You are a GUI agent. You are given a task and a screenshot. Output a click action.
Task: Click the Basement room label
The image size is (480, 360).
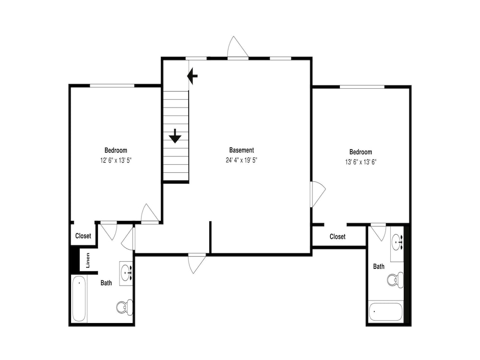tap(241, 150)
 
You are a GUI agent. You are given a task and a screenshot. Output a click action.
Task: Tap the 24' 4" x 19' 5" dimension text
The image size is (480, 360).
tap(241, 160)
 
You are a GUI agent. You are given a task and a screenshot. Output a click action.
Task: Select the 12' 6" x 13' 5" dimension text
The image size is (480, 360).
tap(116, 160)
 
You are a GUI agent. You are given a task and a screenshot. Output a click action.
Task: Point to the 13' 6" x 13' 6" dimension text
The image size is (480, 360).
tap(360, 162)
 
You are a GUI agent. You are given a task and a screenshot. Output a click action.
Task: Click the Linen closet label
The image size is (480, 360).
tap(88, 260)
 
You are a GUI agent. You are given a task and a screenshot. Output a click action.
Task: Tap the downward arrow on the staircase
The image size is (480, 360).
tap(175, 136)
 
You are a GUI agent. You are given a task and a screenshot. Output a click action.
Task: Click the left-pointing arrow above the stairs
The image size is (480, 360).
tap(192, 76)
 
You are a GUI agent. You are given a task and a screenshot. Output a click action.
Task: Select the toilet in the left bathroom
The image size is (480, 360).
tap(125, 307)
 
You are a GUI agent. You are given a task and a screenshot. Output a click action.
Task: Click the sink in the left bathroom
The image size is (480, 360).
tap(126, 271)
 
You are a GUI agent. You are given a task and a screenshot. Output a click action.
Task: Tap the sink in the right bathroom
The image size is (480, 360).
tap(397, 242)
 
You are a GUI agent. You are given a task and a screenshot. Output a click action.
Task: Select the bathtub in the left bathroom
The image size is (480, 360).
tap(79, 299)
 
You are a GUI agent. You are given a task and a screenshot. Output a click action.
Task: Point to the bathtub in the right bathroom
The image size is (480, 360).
tap(385, 312)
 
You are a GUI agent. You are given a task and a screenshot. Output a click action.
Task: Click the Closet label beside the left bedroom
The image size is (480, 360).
tap(83, 236)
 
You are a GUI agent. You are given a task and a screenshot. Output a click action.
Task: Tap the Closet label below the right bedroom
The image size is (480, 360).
tap(337, 237)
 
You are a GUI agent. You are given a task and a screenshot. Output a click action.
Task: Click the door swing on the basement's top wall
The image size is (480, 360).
tap(238, 47)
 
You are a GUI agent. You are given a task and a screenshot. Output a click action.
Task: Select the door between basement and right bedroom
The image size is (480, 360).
tap(318, 194)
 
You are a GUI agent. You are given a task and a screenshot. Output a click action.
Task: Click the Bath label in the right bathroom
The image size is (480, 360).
tap(379, 266)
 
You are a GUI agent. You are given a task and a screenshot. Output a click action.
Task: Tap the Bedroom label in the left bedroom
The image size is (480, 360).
tap(116, 150)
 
